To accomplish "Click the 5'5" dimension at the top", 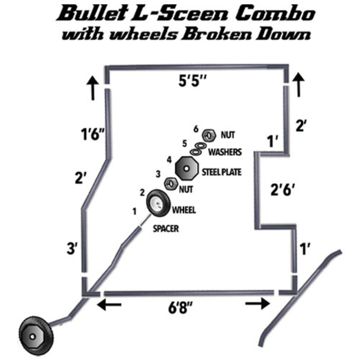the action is (x=192, y=81).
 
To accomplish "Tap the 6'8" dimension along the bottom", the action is (x=180, y=308).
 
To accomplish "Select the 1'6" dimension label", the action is (x=92, y=134).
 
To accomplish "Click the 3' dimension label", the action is (x=72, y=249).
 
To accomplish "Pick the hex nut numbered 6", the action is (x=209, y=135).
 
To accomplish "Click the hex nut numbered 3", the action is (x=171, y=184).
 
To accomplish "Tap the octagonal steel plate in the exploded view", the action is (x=186, y=169).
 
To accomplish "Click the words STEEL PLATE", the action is (x=222, y=172).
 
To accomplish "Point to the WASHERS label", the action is (x=225, y=152).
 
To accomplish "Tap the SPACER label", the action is (x=166, y=229).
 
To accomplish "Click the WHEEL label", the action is (x=184, y=210).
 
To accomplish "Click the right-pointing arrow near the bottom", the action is (x=258, y=304).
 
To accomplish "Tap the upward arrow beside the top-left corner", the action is (x=92, y=88).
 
